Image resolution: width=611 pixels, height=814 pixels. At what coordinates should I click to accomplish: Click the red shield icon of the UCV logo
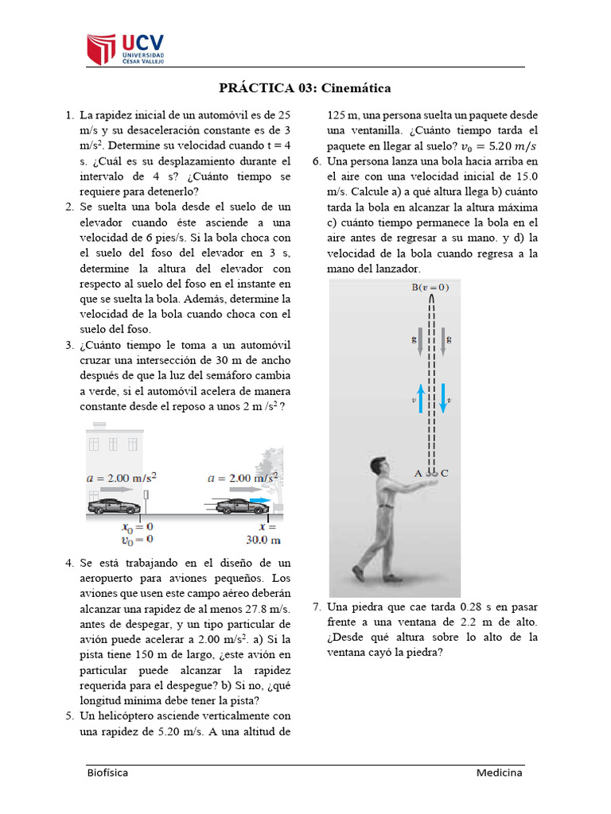click(x=101, y=50)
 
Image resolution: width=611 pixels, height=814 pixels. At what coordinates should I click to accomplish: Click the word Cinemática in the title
click(x=356, y=88)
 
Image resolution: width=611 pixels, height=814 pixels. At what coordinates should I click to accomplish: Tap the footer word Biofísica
click(x=107, y=773)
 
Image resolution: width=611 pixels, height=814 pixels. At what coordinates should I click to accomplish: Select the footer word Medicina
click(x=499, y=773)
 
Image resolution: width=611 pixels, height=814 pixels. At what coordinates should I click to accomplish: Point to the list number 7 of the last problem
click(x=316, y=607)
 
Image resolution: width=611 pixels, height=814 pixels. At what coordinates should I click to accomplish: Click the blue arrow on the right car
click(x=259, y=502)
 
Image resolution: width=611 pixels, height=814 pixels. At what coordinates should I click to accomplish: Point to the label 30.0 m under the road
click(x=263, y=540)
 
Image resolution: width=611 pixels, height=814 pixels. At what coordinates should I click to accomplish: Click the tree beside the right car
click(x=267, y=473)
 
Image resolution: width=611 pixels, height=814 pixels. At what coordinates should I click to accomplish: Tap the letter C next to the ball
click(x=445, y=474)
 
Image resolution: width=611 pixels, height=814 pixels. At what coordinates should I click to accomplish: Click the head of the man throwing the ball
click(x=376, y=470)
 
